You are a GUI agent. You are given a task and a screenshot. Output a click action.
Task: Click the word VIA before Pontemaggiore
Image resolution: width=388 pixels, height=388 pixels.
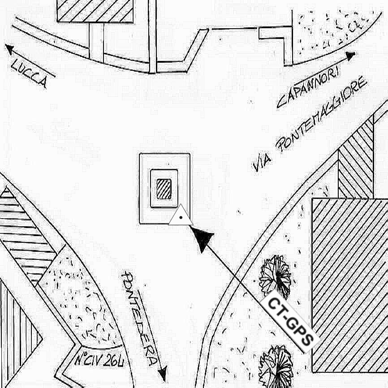(262, 162)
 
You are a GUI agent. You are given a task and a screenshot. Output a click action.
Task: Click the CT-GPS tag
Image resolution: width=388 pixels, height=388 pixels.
(290, 321)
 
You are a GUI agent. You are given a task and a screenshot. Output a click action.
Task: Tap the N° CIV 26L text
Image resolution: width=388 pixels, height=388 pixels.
(99, 360)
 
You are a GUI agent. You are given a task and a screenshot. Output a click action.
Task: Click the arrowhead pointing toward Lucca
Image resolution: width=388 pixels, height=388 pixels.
(9, 49)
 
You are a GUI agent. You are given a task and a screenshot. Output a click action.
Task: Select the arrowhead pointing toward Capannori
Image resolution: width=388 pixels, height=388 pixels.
(350, 56)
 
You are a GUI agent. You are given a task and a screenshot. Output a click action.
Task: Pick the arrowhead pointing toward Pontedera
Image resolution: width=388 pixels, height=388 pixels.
(163, 373)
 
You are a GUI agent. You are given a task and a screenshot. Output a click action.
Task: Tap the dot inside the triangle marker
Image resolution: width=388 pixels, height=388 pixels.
(181, 218)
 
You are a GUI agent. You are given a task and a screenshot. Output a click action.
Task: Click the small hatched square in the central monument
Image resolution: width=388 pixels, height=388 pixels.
(164, 189)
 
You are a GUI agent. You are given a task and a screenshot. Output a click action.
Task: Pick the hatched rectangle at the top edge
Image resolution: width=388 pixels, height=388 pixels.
(95, 11)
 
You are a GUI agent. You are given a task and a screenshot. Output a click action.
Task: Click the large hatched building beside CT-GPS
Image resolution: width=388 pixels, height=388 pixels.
(350, 285)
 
